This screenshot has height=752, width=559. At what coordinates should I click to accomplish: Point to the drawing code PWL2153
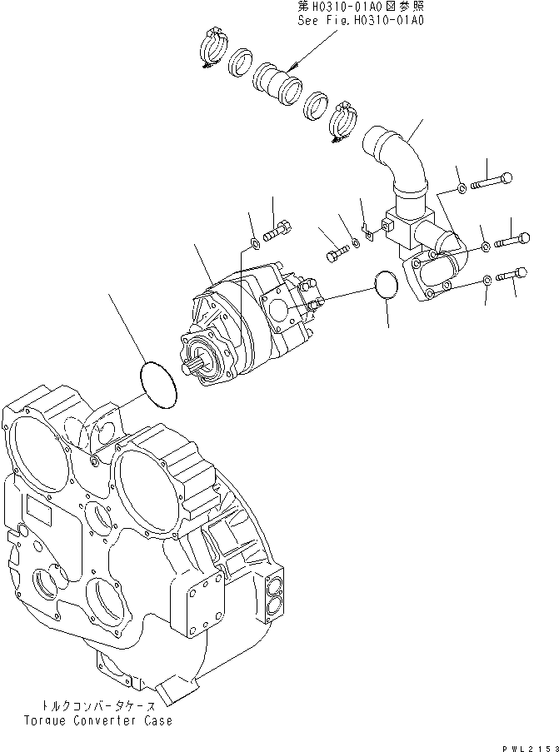pyautogui.click(x=527, y=744)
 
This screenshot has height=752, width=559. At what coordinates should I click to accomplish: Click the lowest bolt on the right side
pyautogui.click(x=512, y=274)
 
